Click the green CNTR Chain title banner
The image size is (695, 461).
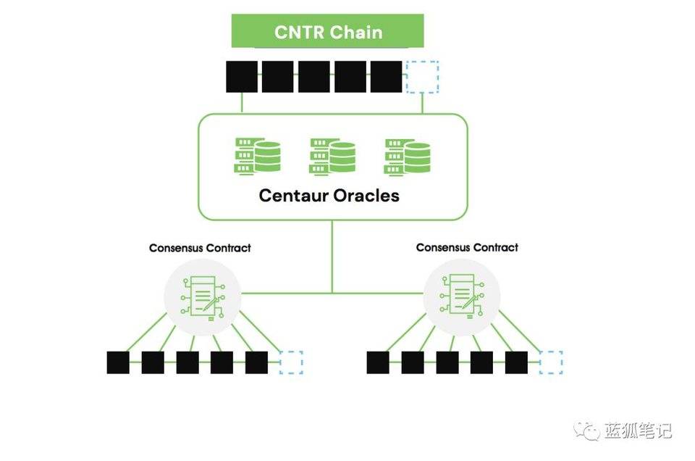[x=327, y=31]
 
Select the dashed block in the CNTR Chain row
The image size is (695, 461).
[x=422, y=77]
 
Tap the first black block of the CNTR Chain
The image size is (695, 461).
[x=242, y=77]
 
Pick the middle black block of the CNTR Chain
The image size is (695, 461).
[x=313, y=77]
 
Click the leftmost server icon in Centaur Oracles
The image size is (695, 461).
[x=258, y=156]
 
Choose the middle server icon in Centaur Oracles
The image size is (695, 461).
[x=332, y=156]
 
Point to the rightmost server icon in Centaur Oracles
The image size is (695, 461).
[x=407, y=156]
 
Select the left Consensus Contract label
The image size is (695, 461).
[x=200, y=248]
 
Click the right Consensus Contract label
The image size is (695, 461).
[x=467, y=248]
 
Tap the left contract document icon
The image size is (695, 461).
[x=203, y=297]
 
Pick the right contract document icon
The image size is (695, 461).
[x=462, y=296]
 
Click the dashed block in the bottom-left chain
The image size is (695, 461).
[x=291, y=362]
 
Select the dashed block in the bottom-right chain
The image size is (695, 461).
[x=551, y=362]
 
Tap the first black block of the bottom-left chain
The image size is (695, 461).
[x=118, y=362]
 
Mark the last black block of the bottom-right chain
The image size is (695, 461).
[x=516, y=362]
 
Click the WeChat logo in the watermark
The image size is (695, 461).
[x=586, y=431]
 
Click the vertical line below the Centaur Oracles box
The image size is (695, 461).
[x=332, y=257]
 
